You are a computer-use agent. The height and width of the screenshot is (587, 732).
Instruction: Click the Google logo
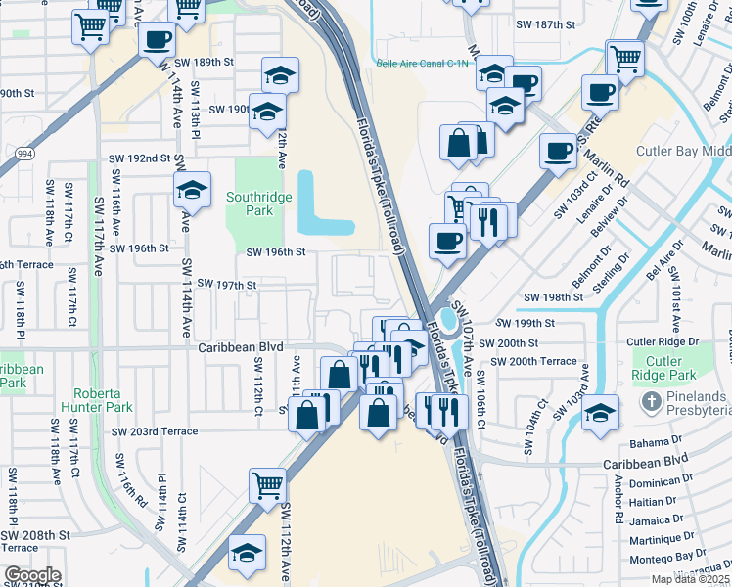pyautogui.click(x=31, y=574)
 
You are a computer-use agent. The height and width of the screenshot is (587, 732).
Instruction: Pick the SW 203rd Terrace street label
pyautogui.click(x=154, y=431)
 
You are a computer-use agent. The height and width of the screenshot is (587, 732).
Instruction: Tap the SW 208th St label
pyautogui.click(x=35, y=535)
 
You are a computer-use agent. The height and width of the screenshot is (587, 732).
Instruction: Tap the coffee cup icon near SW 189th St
pyautogui.click(x=157, y=40)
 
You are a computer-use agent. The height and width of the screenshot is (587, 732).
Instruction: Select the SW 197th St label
pyautogui.click(x=226, y=284)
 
